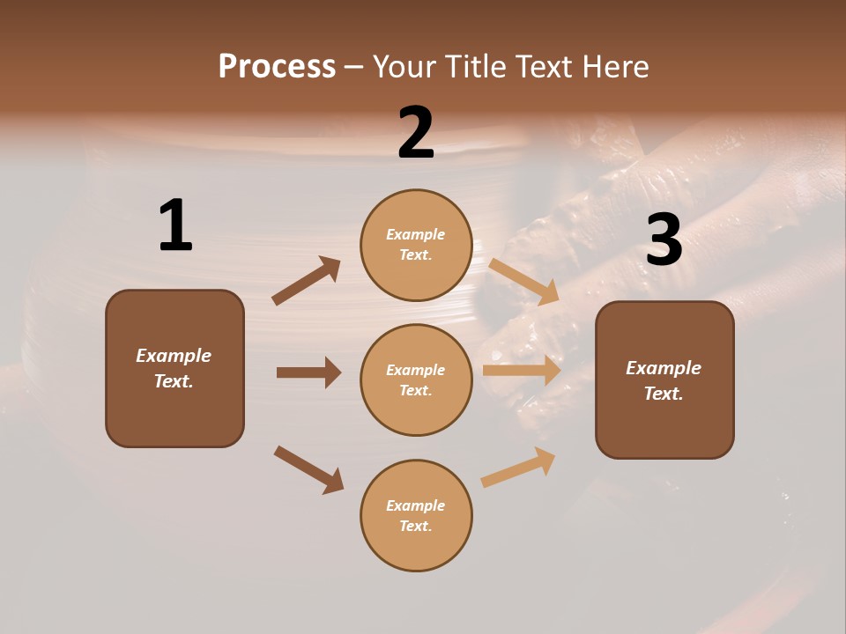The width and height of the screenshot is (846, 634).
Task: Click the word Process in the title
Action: (x=277, y=67)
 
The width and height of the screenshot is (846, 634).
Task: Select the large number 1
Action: (x=175, y=225)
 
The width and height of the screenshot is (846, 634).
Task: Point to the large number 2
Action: (x=416, y=133)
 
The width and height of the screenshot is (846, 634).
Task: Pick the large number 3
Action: (x=664, y=240)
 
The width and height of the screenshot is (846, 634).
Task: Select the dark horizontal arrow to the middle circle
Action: (x=308, y=372)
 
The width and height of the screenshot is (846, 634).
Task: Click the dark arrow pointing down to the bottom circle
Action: (x=308, y=469)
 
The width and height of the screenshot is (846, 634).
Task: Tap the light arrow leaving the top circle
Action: (x=524, y=281)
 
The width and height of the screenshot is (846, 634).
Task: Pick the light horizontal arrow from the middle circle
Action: (x=522, y=371)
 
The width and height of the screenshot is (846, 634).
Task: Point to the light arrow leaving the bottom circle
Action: (x=518, y=467)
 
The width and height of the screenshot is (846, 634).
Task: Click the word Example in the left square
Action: (x=174, y=356)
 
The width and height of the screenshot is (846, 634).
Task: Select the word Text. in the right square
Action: (x=664, y=394)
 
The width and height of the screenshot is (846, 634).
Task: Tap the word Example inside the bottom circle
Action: (x=416, y=505)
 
